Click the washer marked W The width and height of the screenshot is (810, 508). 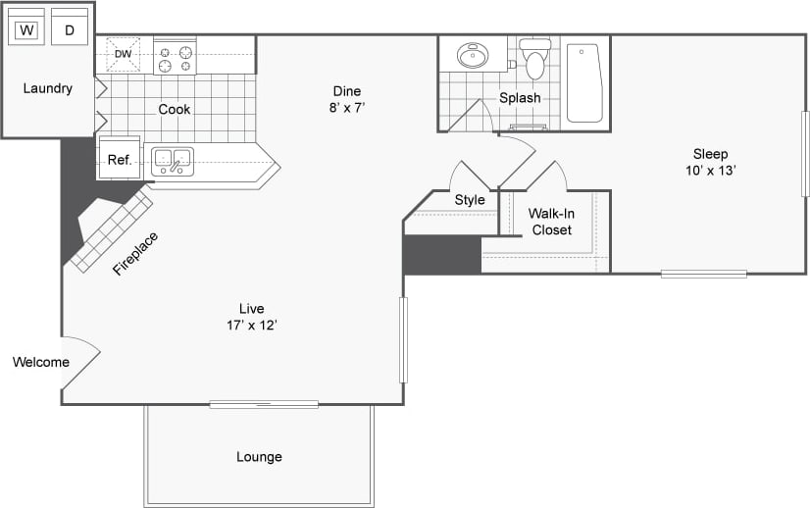(x=27, y=28)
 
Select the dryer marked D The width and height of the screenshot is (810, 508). (x=70, y=28)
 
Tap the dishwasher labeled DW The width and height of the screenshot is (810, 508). (x=124, y=54)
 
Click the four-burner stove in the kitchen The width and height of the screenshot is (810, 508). (x=175, y=58)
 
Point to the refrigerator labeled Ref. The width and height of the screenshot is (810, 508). (x=120, y=159)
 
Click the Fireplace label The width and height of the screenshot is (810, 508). (x=135, y=253)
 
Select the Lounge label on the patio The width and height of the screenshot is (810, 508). (x=259, y=457)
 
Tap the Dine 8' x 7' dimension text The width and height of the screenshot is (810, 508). (x=347, y=99)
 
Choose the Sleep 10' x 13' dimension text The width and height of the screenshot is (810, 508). (x=710, y=161)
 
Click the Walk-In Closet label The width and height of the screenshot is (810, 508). (x=551, y=222)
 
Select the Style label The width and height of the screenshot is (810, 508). (x=470, y=200)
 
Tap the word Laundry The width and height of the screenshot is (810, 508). (x=47, y=88)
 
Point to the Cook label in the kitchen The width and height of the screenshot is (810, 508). (x=175, y=109)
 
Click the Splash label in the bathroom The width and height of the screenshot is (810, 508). (x=520, y=98)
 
